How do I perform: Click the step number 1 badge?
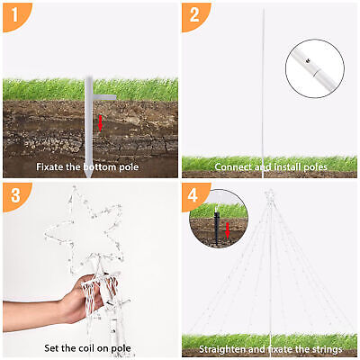coord(14,15)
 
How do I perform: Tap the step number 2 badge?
coord(193,15)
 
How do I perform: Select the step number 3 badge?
coord(15,195)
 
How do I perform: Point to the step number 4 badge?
coord(193,195)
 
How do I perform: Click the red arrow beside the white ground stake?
coord(100,123)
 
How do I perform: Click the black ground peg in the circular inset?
coord(216,227)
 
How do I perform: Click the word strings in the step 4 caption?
coord(328,349)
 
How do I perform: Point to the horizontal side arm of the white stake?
coord(104,97)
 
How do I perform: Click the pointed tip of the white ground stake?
coord(89,177)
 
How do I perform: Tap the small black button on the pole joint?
coord(307,60)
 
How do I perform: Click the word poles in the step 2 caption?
coord(315,166)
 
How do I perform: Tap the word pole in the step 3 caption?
coord(121,348)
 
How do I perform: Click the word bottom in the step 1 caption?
coord(100,166)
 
